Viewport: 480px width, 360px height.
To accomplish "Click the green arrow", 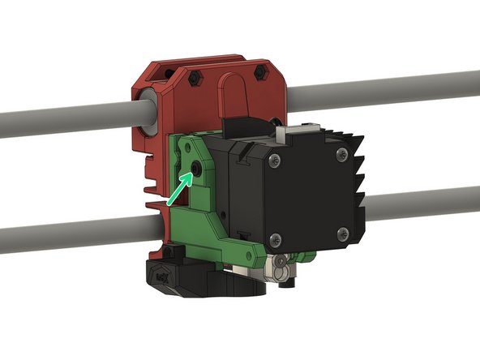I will (x=179, y=188).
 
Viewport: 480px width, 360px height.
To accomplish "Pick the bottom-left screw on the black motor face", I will (x=276, y=238).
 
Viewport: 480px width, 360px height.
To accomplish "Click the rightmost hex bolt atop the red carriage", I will (x=259, y=73).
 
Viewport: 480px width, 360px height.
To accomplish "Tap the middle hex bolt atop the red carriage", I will (x=197, y=79).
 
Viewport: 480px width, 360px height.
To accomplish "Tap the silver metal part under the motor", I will (x=281, y=266).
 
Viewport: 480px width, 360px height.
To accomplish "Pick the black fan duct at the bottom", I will (x=186, y=281).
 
